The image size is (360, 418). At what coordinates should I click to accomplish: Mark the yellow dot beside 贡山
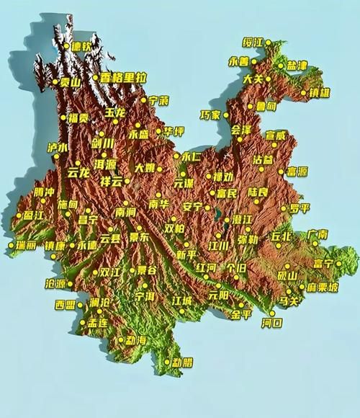coord(58,81)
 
